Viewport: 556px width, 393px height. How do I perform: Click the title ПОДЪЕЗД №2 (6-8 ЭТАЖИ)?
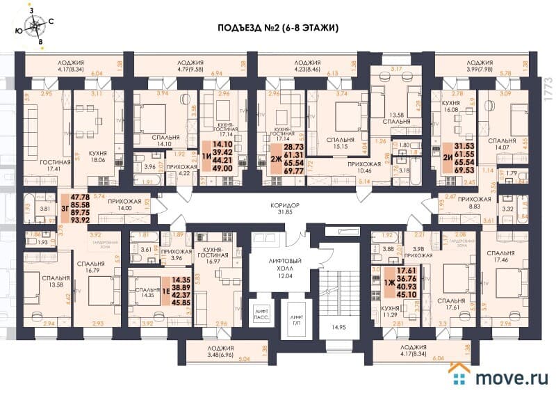click(x=277, y=29)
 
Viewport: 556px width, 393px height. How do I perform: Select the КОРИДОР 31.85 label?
click(x=286, y=209)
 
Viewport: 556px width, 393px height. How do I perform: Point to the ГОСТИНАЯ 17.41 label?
click(x=41, y=164)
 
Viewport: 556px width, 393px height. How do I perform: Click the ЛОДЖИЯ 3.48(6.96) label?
click(x=214, y=350)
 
